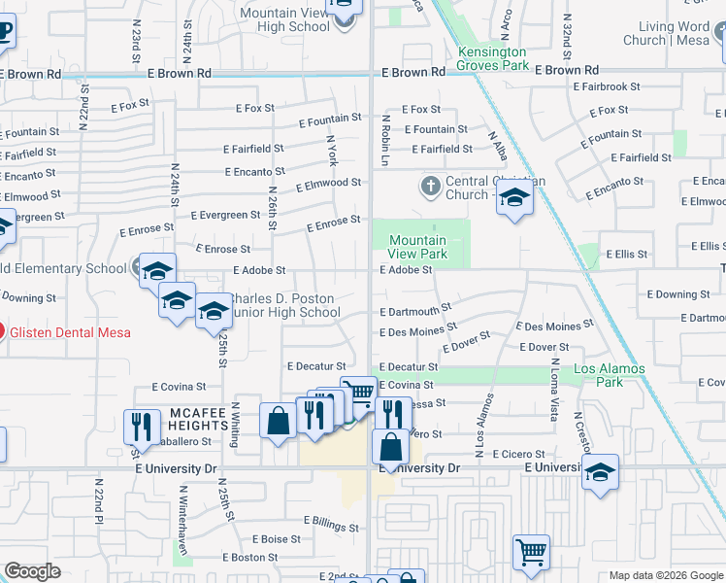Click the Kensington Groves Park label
[x=492, y=58]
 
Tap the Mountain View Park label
[x=417, y=247]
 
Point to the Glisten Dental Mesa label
[x=70, y=332]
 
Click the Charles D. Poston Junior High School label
[x=282, y=305]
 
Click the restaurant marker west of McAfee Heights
[x=142, y=426]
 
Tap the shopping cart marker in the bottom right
[x=531, y=552]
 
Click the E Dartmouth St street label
[x=415, y=310]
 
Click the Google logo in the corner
[x=32, y=571]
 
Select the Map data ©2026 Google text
[x=665, y=575]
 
